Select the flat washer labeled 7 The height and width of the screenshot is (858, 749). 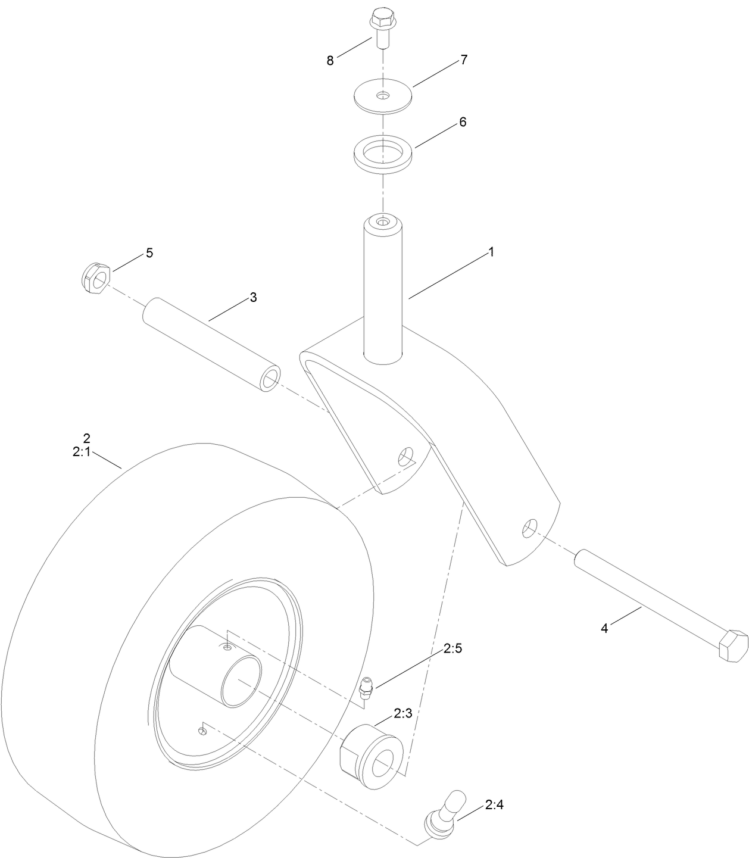click(x=383, y=95)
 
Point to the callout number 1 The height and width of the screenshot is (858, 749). click(x=491, y=252)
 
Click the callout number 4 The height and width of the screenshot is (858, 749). click(x=604, y=629)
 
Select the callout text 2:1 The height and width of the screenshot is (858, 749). click(x=81, y=453)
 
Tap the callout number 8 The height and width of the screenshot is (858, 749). click(x=330, y=61)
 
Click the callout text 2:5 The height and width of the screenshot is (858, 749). click(x=452, y=649)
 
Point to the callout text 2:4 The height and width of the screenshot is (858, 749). click(x=494, y=806)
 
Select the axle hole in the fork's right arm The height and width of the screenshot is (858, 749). click(x=529, y=527)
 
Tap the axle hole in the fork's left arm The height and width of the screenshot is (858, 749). click(x=405, y=456)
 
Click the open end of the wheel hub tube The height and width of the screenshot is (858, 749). click(x=241, y=679)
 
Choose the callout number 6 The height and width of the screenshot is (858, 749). click(x=463, y=122)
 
